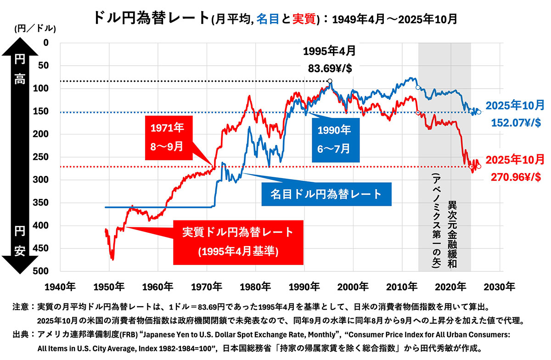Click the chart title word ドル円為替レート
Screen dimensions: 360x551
click(x=151, y=18)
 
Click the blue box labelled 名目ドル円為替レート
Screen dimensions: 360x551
click(x=326, y=194)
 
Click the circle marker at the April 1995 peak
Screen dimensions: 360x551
click(x=330, y=81)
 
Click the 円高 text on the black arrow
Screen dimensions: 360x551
click(x=19, y=69)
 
